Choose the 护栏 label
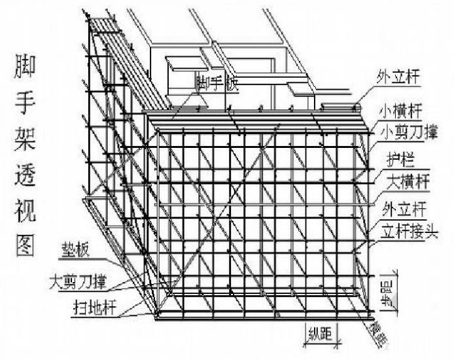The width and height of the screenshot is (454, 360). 394,158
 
